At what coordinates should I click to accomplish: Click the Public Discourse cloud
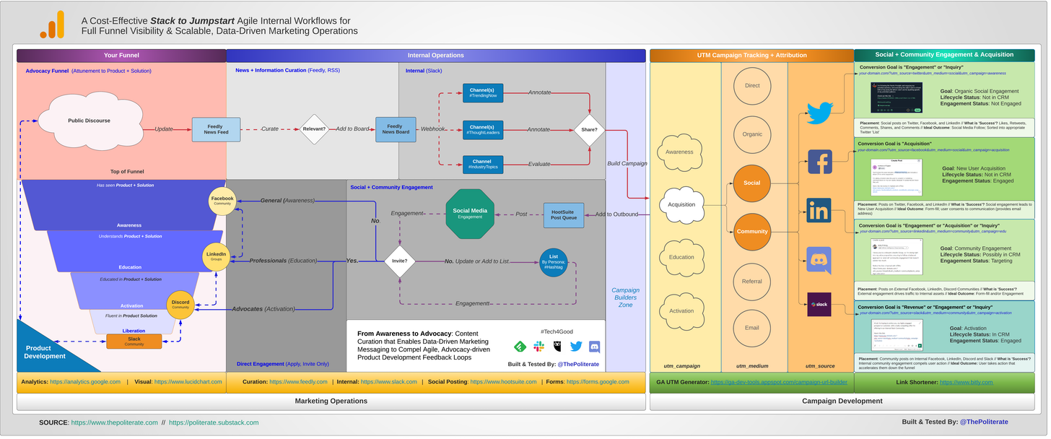coord(90,121)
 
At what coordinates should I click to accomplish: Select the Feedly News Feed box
coord(215,129)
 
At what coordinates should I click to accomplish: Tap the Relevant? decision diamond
coord(315,129)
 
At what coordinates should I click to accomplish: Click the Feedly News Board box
coord(396,129)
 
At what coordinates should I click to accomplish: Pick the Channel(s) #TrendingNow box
coord(483,93)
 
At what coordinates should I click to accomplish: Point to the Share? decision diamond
coord(589,129)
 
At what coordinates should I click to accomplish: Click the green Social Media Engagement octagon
coord(470,214)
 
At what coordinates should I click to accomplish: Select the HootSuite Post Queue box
coord(563,214)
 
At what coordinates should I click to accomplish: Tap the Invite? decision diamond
coord(398,261)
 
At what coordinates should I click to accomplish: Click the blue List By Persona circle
coord(554,261)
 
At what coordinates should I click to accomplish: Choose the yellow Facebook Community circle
coord(222,201)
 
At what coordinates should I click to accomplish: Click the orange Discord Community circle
coord(180,305)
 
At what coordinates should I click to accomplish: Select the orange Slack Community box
coord(134,342)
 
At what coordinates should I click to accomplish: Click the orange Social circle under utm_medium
coord(752,183)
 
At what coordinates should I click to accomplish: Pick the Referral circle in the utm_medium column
coord(752,281)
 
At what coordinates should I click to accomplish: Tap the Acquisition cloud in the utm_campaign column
coord(681,204)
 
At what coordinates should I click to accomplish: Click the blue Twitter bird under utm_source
coord(819,113)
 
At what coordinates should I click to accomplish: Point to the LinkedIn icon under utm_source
coord(819,211)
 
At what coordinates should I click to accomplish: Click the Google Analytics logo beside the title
coord(53,26)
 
